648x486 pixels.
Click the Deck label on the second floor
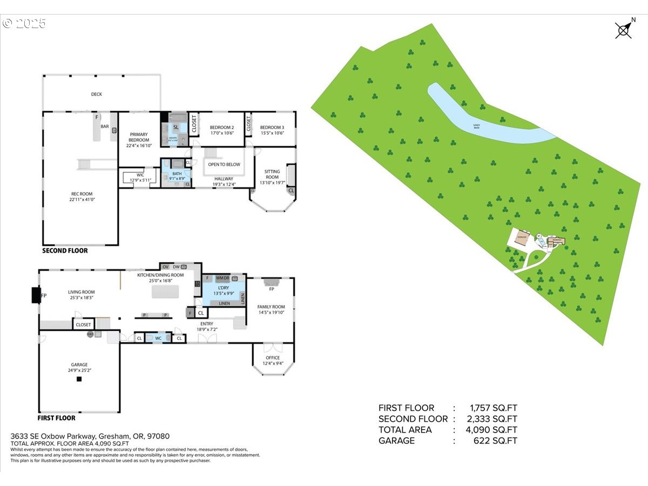(96, 94)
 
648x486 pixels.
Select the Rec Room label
(82, 194)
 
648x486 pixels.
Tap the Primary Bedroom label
(139, 137)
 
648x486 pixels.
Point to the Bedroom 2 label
(221, 127)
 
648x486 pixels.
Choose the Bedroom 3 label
(272, 127)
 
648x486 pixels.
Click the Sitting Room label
(272, 174)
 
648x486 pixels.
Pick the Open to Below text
(224, 165)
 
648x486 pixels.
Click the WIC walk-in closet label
(140, 175)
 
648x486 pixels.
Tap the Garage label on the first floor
(79, 365)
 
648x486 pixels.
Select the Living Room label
(82, 292)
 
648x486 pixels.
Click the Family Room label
(271, 307)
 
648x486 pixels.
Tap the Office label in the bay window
(273, 358)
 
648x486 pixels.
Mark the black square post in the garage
(79, 380)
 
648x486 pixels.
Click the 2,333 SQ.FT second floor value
(485, 419)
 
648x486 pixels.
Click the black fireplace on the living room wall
(36, 295)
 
